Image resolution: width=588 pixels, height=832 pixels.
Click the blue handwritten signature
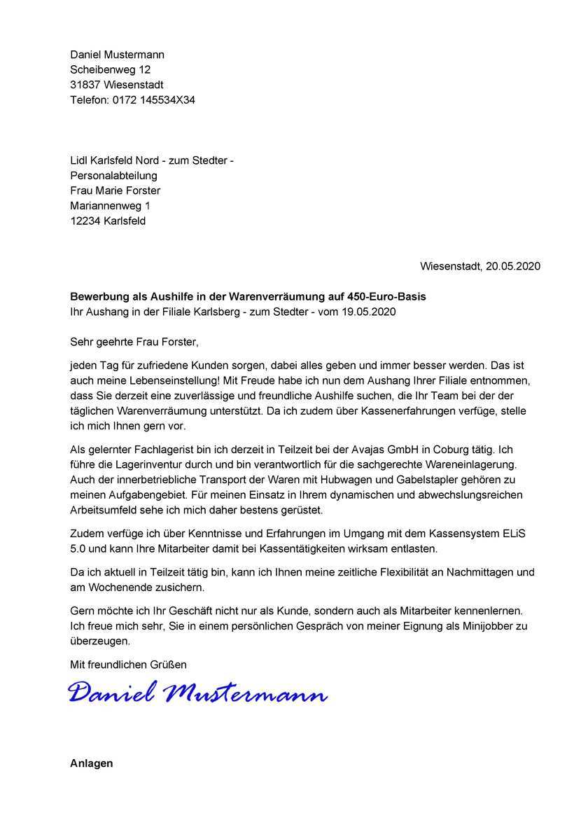click(198, 693)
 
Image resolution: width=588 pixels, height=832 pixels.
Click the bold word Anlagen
click(91, 763)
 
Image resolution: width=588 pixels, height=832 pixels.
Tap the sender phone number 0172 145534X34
click(153, 100)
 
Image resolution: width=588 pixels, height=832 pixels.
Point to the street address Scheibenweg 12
click(110, 70)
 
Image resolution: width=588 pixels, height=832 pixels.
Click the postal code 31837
click(85, 85)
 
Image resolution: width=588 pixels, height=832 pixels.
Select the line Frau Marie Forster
click(115, 190)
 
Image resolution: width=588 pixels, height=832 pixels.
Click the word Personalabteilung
click(113, 176)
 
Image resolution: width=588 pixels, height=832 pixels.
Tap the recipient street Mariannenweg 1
click(110, 206)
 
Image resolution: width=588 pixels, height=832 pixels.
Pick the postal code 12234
click(85, 221)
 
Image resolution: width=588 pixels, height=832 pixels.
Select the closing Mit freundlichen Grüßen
click(128, 664)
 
